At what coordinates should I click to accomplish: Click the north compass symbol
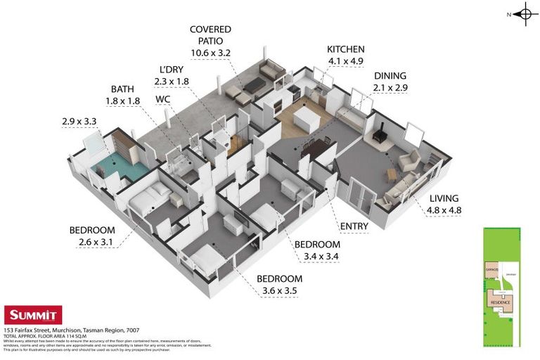pos(525,13)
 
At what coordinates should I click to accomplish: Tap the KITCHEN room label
pos(345,49)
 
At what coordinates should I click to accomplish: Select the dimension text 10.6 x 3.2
pos(210,52)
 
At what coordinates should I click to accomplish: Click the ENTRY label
pos(353,226)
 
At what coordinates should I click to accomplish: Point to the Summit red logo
pos(33,315)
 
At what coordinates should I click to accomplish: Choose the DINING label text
pos(390,76)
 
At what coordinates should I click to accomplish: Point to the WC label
pos(163,99)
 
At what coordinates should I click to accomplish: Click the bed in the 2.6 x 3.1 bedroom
pos(148,201)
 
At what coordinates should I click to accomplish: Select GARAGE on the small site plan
pos(491,269)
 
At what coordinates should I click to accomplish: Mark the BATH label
pos(122,89)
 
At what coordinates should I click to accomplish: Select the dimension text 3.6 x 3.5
pos(279,290)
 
